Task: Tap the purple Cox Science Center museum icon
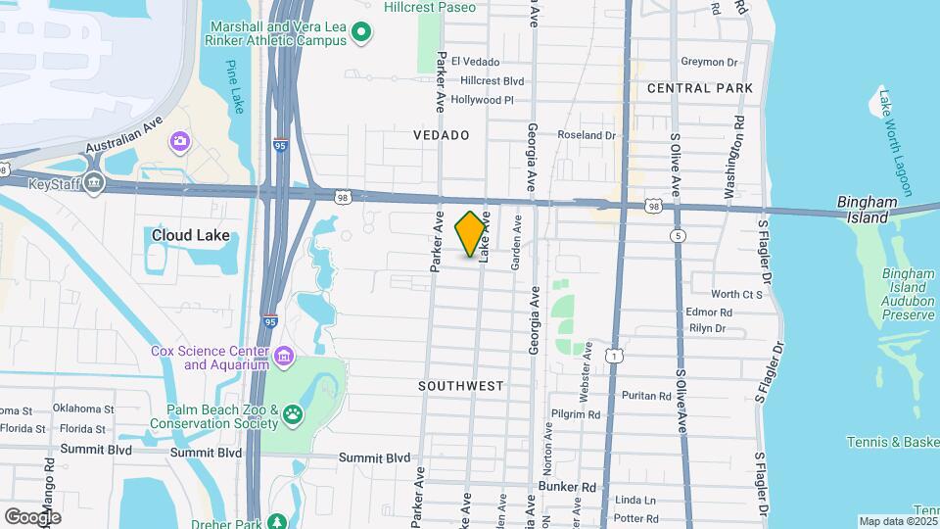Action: click(283, 355)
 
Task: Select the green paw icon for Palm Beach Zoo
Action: click(293, 416)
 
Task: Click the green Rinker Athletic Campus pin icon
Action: click(361, 34)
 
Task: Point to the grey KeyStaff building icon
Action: click(94, 183)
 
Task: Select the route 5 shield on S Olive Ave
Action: click(678, 235)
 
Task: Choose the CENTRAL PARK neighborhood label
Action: click(700, 88)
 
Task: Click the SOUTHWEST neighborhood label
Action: click(461, 386)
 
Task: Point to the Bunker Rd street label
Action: click(567, 486)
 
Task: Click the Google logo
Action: click(32, 516)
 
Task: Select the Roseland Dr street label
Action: click(587, 135)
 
